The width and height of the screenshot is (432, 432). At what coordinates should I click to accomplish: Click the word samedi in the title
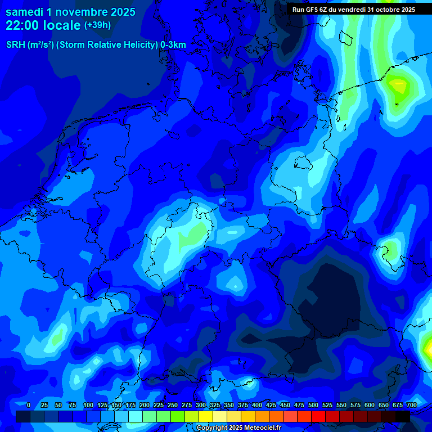[24, 12]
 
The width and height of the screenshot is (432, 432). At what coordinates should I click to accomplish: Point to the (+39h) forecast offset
[97, 25]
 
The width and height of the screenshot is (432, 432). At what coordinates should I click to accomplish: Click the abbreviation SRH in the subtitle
[16, 45]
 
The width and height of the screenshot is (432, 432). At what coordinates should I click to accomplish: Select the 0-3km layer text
[173, 45]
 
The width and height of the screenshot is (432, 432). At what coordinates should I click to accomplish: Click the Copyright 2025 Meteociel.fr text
[238, 428]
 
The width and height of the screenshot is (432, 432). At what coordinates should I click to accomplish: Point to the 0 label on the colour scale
[29, 405]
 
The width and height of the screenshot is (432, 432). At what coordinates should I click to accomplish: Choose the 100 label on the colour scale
[88, 405]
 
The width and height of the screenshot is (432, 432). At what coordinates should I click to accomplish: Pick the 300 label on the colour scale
[201, 405]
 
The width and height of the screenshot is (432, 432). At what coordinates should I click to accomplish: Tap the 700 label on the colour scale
[411, 405]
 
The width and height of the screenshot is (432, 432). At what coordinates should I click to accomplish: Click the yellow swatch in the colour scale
[206, 416]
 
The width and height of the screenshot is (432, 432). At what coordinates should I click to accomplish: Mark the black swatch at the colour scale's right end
[403, 416]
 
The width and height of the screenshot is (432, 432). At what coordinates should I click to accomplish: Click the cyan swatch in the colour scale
[136, 416]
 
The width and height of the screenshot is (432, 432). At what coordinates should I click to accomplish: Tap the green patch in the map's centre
[192, 237]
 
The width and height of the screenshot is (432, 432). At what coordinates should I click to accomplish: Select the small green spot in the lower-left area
[57, 338]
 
